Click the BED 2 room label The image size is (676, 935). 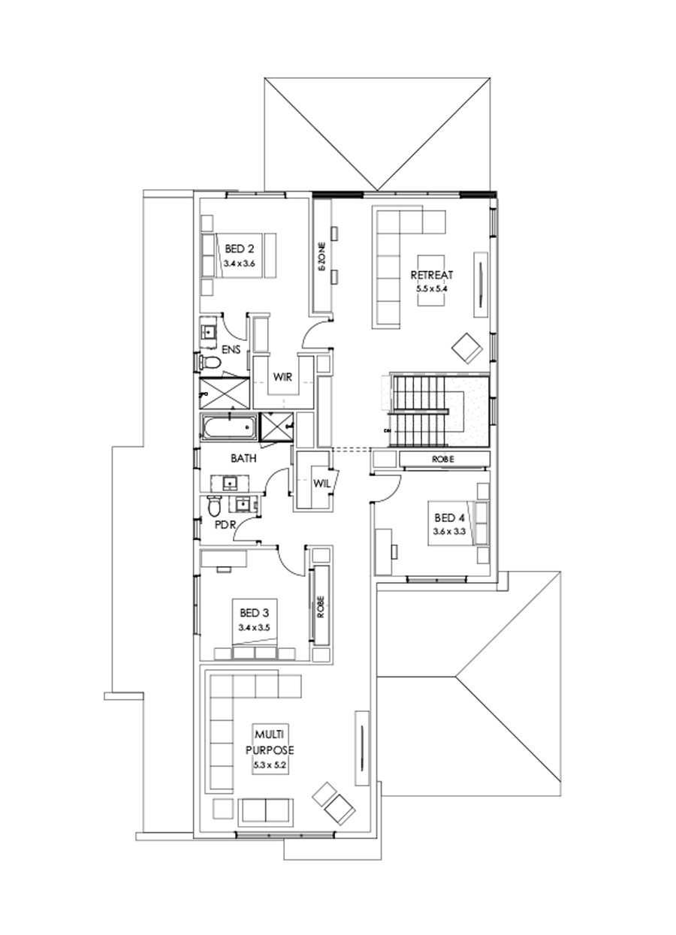click(239, 249)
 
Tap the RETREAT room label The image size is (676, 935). click(431, 275)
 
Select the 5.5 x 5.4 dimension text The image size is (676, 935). click(431, 287)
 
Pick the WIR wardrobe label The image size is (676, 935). click(282, 377)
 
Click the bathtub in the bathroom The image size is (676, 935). click(227, 428)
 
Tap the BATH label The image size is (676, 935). click(245, 457)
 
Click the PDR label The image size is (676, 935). click(225, 525)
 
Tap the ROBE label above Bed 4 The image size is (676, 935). click(443, 459)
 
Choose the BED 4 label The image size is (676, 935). click(449, 517)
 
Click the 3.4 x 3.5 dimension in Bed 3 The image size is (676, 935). click(254, 626)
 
